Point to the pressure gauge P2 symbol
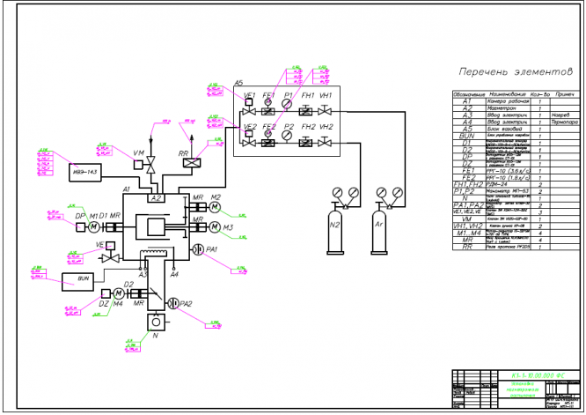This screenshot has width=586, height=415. (x=288, y=137)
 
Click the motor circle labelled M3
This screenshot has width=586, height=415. (x=216, y=228)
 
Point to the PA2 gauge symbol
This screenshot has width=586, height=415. (x=172, y=303)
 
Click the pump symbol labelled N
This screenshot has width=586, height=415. (x=157, y=322)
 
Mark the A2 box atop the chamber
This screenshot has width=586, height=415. (x=157, y=199)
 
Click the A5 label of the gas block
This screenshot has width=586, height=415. (x=238, y=84)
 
